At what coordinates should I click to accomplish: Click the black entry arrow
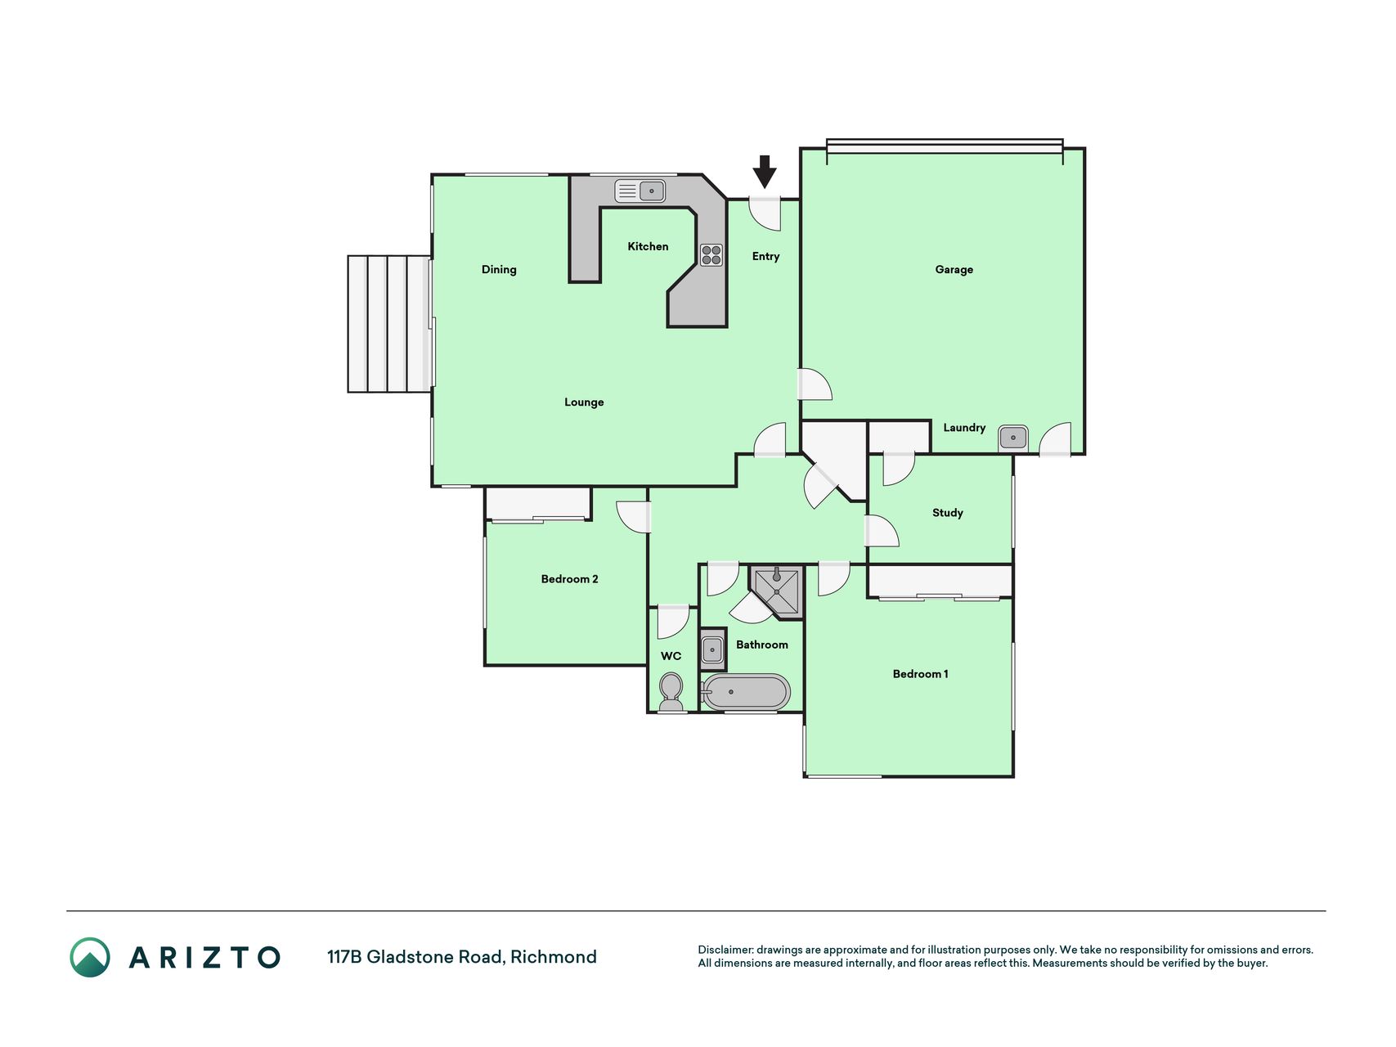pyautogui.click(x=764, y=172)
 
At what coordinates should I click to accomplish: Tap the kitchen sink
pyautogui.click(x=640, y=191)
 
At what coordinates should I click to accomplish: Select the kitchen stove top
pyautogui.click(x=711, y=255)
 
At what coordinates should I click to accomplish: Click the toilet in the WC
pyautogui.click(x=671, y=693)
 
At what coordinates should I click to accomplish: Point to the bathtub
pyautogui.click(x=745, y=692)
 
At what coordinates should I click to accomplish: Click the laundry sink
pyautogui.click(x=1013, y=438)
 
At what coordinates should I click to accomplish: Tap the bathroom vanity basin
pyautogui.click(x=712, y=650)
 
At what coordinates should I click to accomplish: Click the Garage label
pyautogui.click(x=954, y=269)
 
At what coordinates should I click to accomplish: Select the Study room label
pyautogui.click(x=948, y=513)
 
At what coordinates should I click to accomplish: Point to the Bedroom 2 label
pyautogui.click(x=569, y=579)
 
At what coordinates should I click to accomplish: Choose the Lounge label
pyautogui.click(x=584, y=402)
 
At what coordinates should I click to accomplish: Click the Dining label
pyautogui.click(x=499, y=270)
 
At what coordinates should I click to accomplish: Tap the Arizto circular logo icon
pyautogui.click(x=90, y=957)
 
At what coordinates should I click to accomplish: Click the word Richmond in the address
pyautogui.click(x=554, y=957)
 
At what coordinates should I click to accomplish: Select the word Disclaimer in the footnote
pyautogui.click(x=725, y=950)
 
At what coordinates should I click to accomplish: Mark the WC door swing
pyautogui.click(x=673, y=622)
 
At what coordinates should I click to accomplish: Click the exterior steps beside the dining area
pyautogui.click(x=390, y=324)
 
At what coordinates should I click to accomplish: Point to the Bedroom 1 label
pyautogui.click(x=920, y=674)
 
